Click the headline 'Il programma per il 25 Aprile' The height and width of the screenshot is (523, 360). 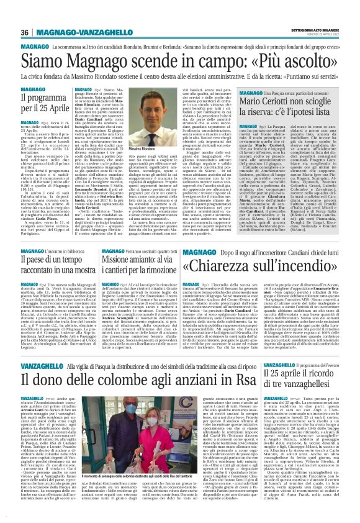(42, 102)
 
